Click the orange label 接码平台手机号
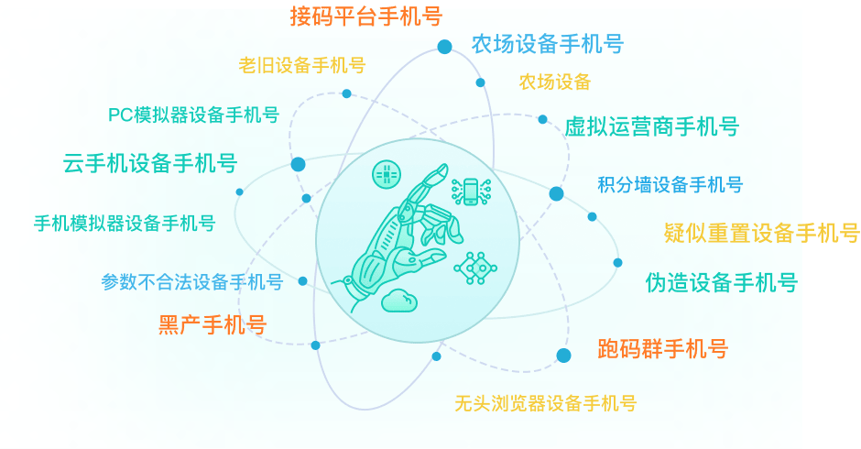tap(366, 16)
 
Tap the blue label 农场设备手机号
tap(548, 44)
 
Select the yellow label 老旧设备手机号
tap(302, 65)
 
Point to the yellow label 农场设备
tap(555, 82)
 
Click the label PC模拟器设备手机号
tap(194, 115)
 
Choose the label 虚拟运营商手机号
tap(652, 127)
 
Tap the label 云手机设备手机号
tap(150, 163)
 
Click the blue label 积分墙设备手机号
tap(670, 185)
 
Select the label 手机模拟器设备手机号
tap(125, 224)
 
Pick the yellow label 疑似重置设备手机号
tap(761, 233)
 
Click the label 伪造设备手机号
tap(722, 282)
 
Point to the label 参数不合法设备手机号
tap(192, 282)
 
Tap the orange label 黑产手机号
tap(213, 324)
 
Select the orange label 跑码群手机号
tap(663, 348)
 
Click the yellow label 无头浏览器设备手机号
tap(545, 403)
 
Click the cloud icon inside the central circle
tap(399, 300)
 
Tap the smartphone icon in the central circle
tap(471, 192)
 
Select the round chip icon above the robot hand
tap(387, 175)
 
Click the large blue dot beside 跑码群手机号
tap(563, 356)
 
